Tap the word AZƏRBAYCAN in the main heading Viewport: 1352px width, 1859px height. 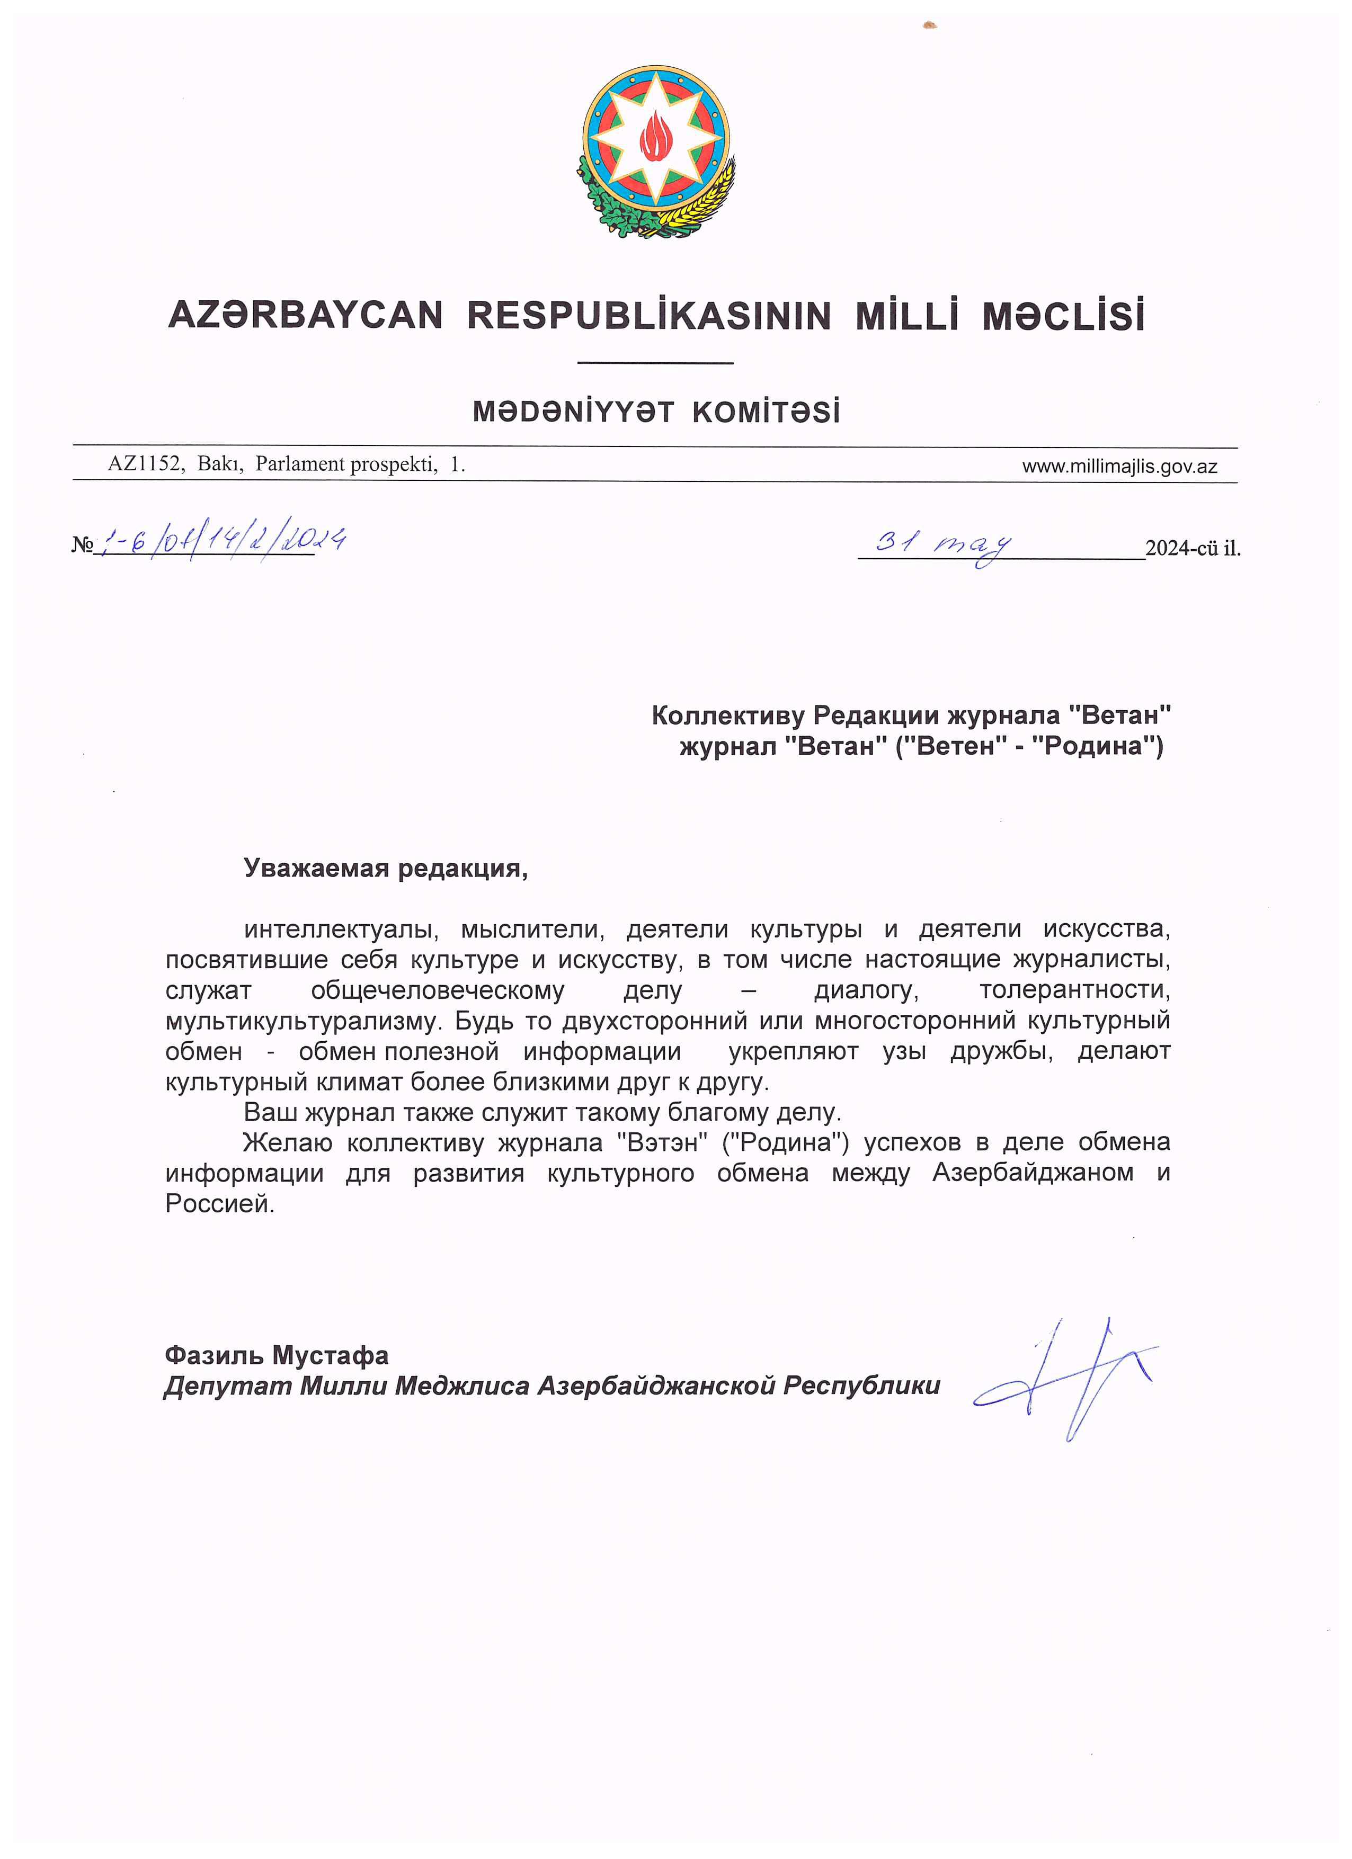click(x=305, y=316)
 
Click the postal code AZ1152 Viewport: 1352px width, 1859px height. click(x=144, y=465)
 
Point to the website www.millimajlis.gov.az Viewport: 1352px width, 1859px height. click(x=1118, y=467)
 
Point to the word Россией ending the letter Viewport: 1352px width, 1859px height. click(x=219, y=1204)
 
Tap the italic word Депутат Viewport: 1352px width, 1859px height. click(x=227, y=1386)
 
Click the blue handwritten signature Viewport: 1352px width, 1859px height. click(x=1066, y=1377)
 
